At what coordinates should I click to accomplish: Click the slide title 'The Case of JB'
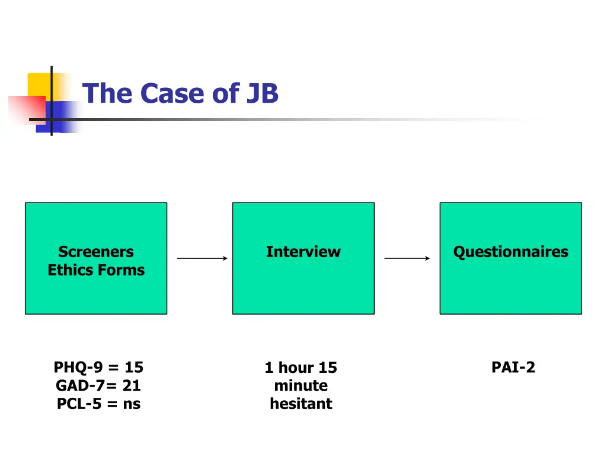tap(180, 94)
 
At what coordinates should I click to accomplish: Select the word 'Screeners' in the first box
tap(96, 252)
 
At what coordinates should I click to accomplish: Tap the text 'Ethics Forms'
tap(96, 270)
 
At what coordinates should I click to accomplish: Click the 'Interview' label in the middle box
tap(303, 252)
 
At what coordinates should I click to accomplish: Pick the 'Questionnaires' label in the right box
tap(510, 252)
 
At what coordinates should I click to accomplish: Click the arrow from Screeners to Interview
tap(202, 258)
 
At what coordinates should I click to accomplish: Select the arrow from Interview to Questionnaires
tap(407, 258)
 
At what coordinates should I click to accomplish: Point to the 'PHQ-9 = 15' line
tap(98, 368)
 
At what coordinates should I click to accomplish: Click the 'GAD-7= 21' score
tap(98, 385)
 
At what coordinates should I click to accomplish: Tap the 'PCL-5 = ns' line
tap(98, 404)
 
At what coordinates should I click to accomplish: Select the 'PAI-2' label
tap(513, 368)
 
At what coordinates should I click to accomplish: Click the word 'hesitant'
tap(301, 404)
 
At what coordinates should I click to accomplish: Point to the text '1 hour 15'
tap(301, 368)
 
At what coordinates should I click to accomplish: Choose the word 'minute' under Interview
tap(301, 386)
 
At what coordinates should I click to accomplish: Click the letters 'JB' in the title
tap(262, 94)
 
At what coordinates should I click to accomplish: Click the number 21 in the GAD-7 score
tap(132, 385)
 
